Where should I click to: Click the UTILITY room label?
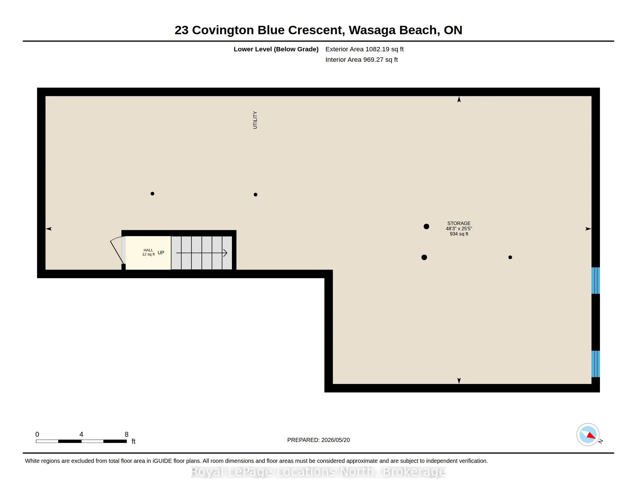pyautogui.click(x=255, y=120)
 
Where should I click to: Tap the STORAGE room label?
pyautogui.click(x=459, y=223)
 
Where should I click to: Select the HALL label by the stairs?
pyautogui.click(x=148, y=250)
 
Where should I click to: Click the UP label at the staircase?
pyautogui.click(x=161, y=253)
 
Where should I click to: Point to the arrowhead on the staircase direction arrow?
pyautogui.click(x=225, y=253)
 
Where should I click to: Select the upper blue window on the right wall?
pyautogui.click(x=595, y=280)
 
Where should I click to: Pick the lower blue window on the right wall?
pyautogui.click(x=595, y=364)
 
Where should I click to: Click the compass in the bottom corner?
pyautogui.click(x=588, y=435)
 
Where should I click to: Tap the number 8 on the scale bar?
pyautogui.click(x=127, y=434)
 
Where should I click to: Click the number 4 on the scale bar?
pyautogui.click(x=81, y=434)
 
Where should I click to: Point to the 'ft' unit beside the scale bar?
pyautogui.click(x=133, y=441)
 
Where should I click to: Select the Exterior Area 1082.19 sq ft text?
pyautogui.click(x=364, y=49)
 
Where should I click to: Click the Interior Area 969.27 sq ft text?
pyautogui.click(x=361, y=59)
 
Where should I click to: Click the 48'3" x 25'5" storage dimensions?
pyautogui.click(x=459, y=229)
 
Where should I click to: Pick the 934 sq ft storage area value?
pyautogui.click(x=459, y=234)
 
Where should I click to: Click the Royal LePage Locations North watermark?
pyautogui.click(x=318, y=472)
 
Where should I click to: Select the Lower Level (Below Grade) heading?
pyautogui.click(x=276, y=49)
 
